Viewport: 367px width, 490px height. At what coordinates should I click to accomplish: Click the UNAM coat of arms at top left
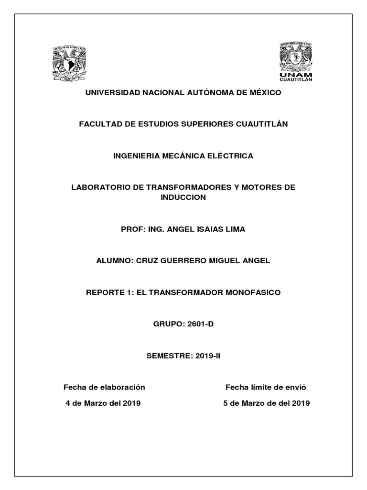(69, 63)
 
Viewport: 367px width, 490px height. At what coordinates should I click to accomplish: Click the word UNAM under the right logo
(296, 75)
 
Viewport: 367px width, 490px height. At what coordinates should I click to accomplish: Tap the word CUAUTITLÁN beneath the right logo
(296, 80)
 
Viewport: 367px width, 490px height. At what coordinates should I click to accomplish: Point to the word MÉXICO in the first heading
(266, 92)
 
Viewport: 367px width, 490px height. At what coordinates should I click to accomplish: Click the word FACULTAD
(99, 124)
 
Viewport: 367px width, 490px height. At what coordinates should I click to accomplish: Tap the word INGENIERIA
(135, 156)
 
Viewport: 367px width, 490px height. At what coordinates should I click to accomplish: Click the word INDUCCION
(183, 197)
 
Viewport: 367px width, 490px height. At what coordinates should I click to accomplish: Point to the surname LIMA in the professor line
(234, 229)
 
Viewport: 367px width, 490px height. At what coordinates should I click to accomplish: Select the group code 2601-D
(200, 324)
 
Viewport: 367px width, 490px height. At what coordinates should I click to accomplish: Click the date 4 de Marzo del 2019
(103, 403)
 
